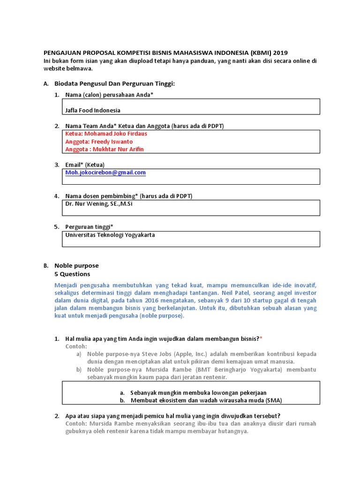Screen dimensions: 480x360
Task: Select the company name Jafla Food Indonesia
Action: coord(93,110)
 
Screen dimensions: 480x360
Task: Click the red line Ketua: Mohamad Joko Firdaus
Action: coord(106,134)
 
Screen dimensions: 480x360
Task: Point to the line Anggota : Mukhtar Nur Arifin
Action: coord(105,149)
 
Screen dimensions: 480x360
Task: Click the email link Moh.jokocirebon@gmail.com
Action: coord(105,172)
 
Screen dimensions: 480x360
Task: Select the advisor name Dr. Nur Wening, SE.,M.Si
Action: coord(99,204)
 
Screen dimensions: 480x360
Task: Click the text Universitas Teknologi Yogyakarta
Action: coord(110,235)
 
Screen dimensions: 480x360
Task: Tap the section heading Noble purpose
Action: coord(76,265)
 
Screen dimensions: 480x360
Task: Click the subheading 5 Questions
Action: coord(72,274)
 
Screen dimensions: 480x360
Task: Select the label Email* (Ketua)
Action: coord(85,165)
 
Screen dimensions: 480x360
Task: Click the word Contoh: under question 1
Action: coord(76,346)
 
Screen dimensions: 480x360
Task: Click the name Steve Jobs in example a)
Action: coord(143,354)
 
